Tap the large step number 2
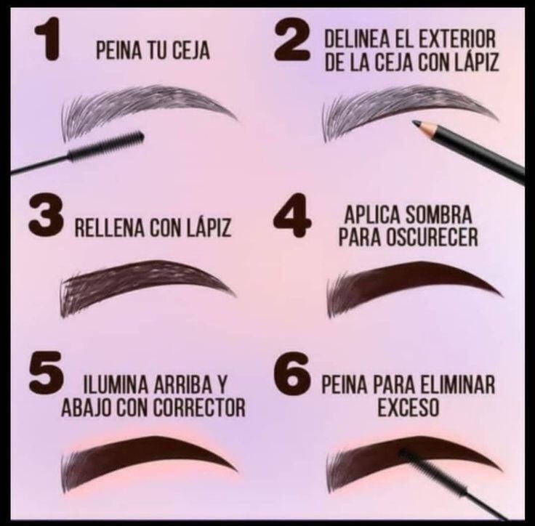tap(293, 45)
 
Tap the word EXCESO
tap(408, 408)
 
